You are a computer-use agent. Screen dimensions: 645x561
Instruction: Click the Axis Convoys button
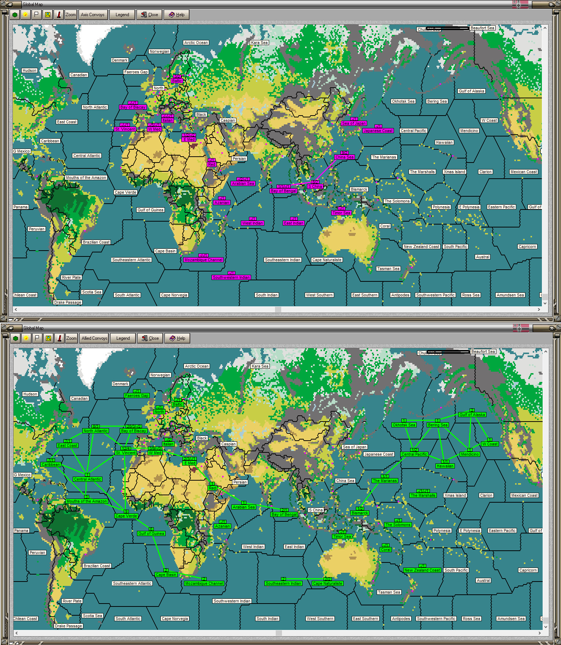[x=93, y=15]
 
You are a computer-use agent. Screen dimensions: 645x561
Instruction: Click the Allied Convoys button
[x=94, y=338]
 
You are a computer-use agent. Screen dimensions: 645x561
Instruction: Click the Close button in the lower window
[x=150, y=338]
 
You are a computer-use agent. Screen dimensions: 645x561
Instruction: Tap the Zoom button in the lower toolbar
[x=71, y=338]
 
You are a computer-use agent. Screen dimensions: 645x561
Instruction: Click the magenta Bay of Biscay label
[x=133, y=107]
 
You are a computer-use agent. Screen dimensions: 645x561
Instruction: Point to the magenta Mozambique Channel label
[x=203, y=260]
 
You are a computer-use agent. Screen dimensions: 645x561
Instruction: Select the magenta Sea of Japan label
[x=354, y=123]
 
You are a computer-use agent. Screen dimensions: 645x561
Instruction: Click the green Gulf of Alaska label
[x=472, y=415]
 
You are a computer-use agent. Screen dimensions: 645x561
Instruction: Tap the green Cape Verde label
[x=126, y=516]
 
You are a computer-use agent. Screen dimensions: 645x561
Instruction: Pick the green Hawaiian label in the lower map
[x=445, y=466]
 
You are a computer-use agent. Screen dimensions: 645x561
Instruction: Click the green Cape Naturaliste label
[x=327, y=583]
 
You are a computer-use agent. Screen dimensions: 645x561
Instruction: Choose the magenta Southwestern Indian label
[x=231, y=277]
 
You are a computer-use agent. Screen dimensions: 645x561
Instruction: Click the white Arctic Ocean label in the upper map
[x=196, y=43]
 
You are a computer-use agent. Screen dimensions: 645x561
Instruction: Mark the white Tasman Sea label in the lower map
[x=389, y=592]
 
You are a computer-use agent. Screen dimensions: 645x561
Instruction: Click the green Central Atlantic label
[x=87, y=479]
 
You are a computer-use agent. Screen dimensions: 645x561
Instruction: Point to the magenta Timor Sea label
[x=341, y=213]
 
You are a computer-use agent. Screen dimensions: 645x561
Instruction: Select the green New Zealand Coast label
[x=422, y=570]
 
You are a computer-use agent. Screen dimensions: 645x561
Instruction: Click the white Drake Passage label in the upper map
[x=68, y=302]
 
